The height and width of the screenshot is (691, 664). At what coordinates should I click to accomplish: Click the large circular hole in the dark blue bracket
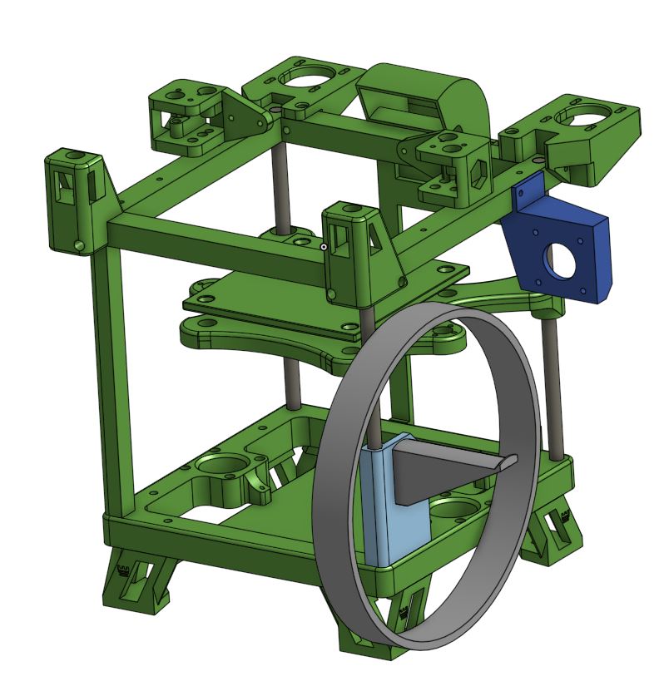click(559, 260)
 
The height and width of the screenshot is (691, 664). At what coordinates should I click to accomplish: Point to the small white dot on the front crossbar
click(324, 246)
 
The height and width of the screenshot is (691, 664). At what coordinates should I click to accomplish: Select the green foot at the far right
click(551, 532)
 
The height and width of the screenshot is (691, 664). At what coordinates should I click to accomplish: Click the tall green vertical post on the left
click(116, 383)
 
